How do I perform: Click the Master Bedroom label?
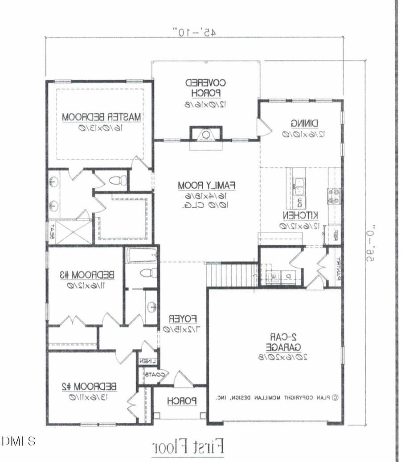coord(101,117)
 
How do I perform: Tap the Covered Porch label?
coord(206,88)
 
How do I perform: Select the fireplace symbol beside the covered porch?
coord(206,134)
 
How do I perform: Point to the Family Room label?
coord(207,185)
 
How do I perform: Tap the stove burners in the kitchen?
coord(334,196)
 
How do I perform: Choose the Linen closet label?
coord(146,361)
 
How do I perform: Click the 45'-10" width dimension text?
coord(194,32)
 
